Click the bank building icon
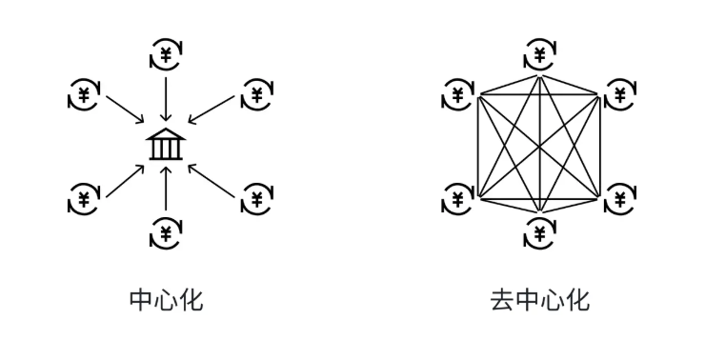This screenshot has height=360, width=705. pos(166,145)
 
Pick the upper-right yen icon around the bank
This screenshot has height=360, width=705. pos(255,94)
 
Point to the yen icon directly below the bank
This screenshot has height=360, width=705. pos(166,232)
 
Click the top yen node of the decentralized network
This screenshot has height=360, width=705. pos(540,54)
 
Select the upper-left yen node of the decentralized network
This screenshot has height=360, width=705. pos(458,94)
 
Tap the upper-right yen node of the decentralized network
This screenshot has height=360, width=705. pos(620,94)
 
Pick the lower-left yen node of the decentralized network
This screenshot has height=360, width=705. pos(458,199)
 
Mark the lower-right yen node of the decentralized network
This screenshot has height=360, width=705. pos(620,199)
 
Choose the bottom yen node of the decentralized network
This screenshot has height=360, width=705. pos(540,232)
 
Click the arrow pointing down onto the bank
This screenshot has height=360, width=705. pos(166,98)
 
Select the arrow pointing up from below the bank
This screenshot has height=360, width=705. pos(166,189)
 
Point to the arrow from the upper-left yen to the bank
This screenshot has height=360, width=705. pos(124,109)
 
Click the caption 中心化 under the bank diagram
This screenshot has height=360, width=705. pos(166,302)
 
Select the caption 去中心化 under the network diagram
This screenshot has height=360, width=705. pos(540,302)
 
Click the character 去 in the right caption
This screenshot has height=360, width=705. pos(502,302)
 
